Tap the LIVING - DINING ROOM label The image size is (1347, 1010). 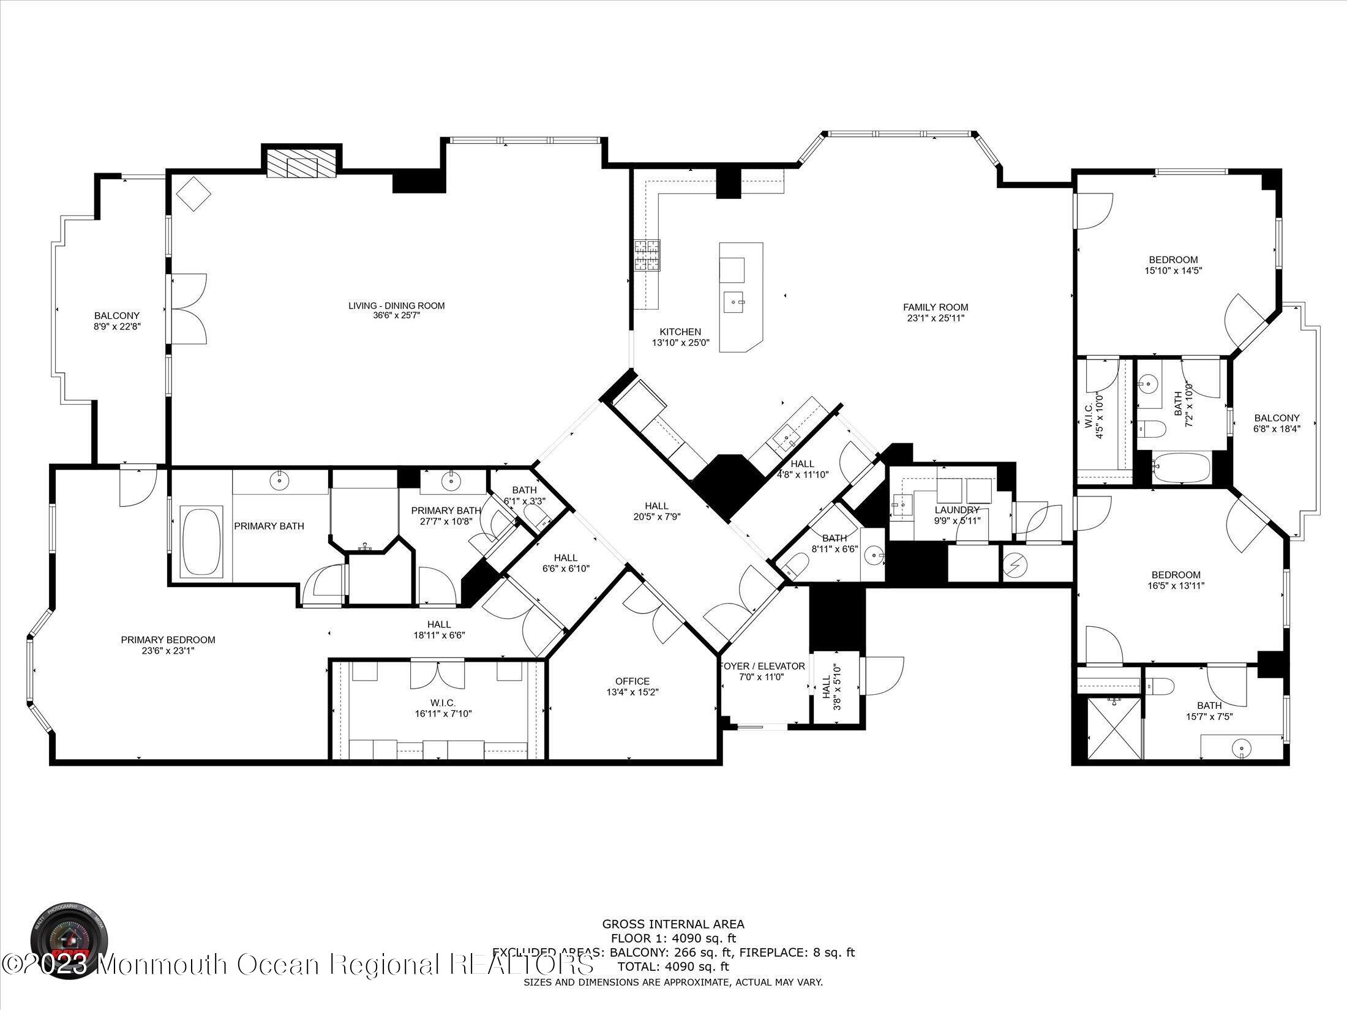click(396, 306)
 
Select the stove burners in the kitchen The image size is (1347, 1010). click(648, 255)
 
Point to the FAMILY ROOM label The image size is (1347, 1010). click(936, 307)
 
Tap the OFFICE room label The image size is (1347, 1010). click(632, 681)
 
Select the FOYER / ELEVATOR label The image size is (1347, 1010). click(763, 666)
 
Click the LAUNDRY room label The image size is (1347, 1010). click(957, 510)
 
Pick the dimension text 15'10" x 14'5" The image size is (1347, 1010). click(1173, 270)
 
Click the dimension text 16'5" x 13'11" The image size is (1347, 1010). click(1176, 585)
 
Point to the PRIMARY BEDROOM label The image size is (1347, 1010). click(168, 640)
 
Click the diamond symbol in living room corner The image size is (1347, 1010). click(193, 194)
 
